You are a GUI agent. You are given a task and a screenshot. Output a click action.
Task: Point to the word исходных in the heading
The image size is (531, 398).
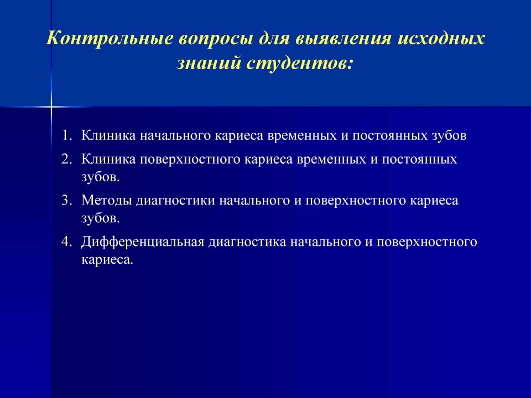click(441, 39)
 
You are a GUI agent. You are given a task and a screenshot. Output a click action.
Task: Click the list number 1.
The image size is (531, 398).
click(67, 135)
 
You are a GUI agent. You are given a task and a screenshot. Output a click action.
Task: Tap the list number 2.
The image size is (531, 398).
click(67, 159)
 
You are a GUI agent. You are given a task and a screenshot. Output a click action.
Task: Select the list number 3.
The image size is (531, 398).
click(67, 200)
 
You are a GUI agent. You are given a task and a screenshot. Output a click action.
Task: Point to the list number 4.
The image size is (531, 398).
click(67, 242)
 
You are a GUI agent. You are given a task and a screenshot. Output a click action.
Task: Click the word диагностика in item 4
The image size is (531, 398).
click(247, 243)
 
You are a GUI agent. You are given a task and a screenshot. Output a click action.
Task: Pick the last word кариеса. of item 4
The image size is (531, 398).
click(107, 260)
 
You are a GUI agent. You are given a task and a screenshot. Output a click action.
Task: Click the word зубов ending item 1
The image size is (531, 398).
click(449, 135)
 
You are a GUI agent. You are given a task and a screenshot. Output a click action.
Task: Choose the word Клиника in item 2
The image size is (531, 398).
click(108, 159)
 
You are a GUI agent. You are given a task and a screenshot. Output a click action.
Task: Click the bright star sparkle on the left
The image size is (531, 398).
click(51, 107)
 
